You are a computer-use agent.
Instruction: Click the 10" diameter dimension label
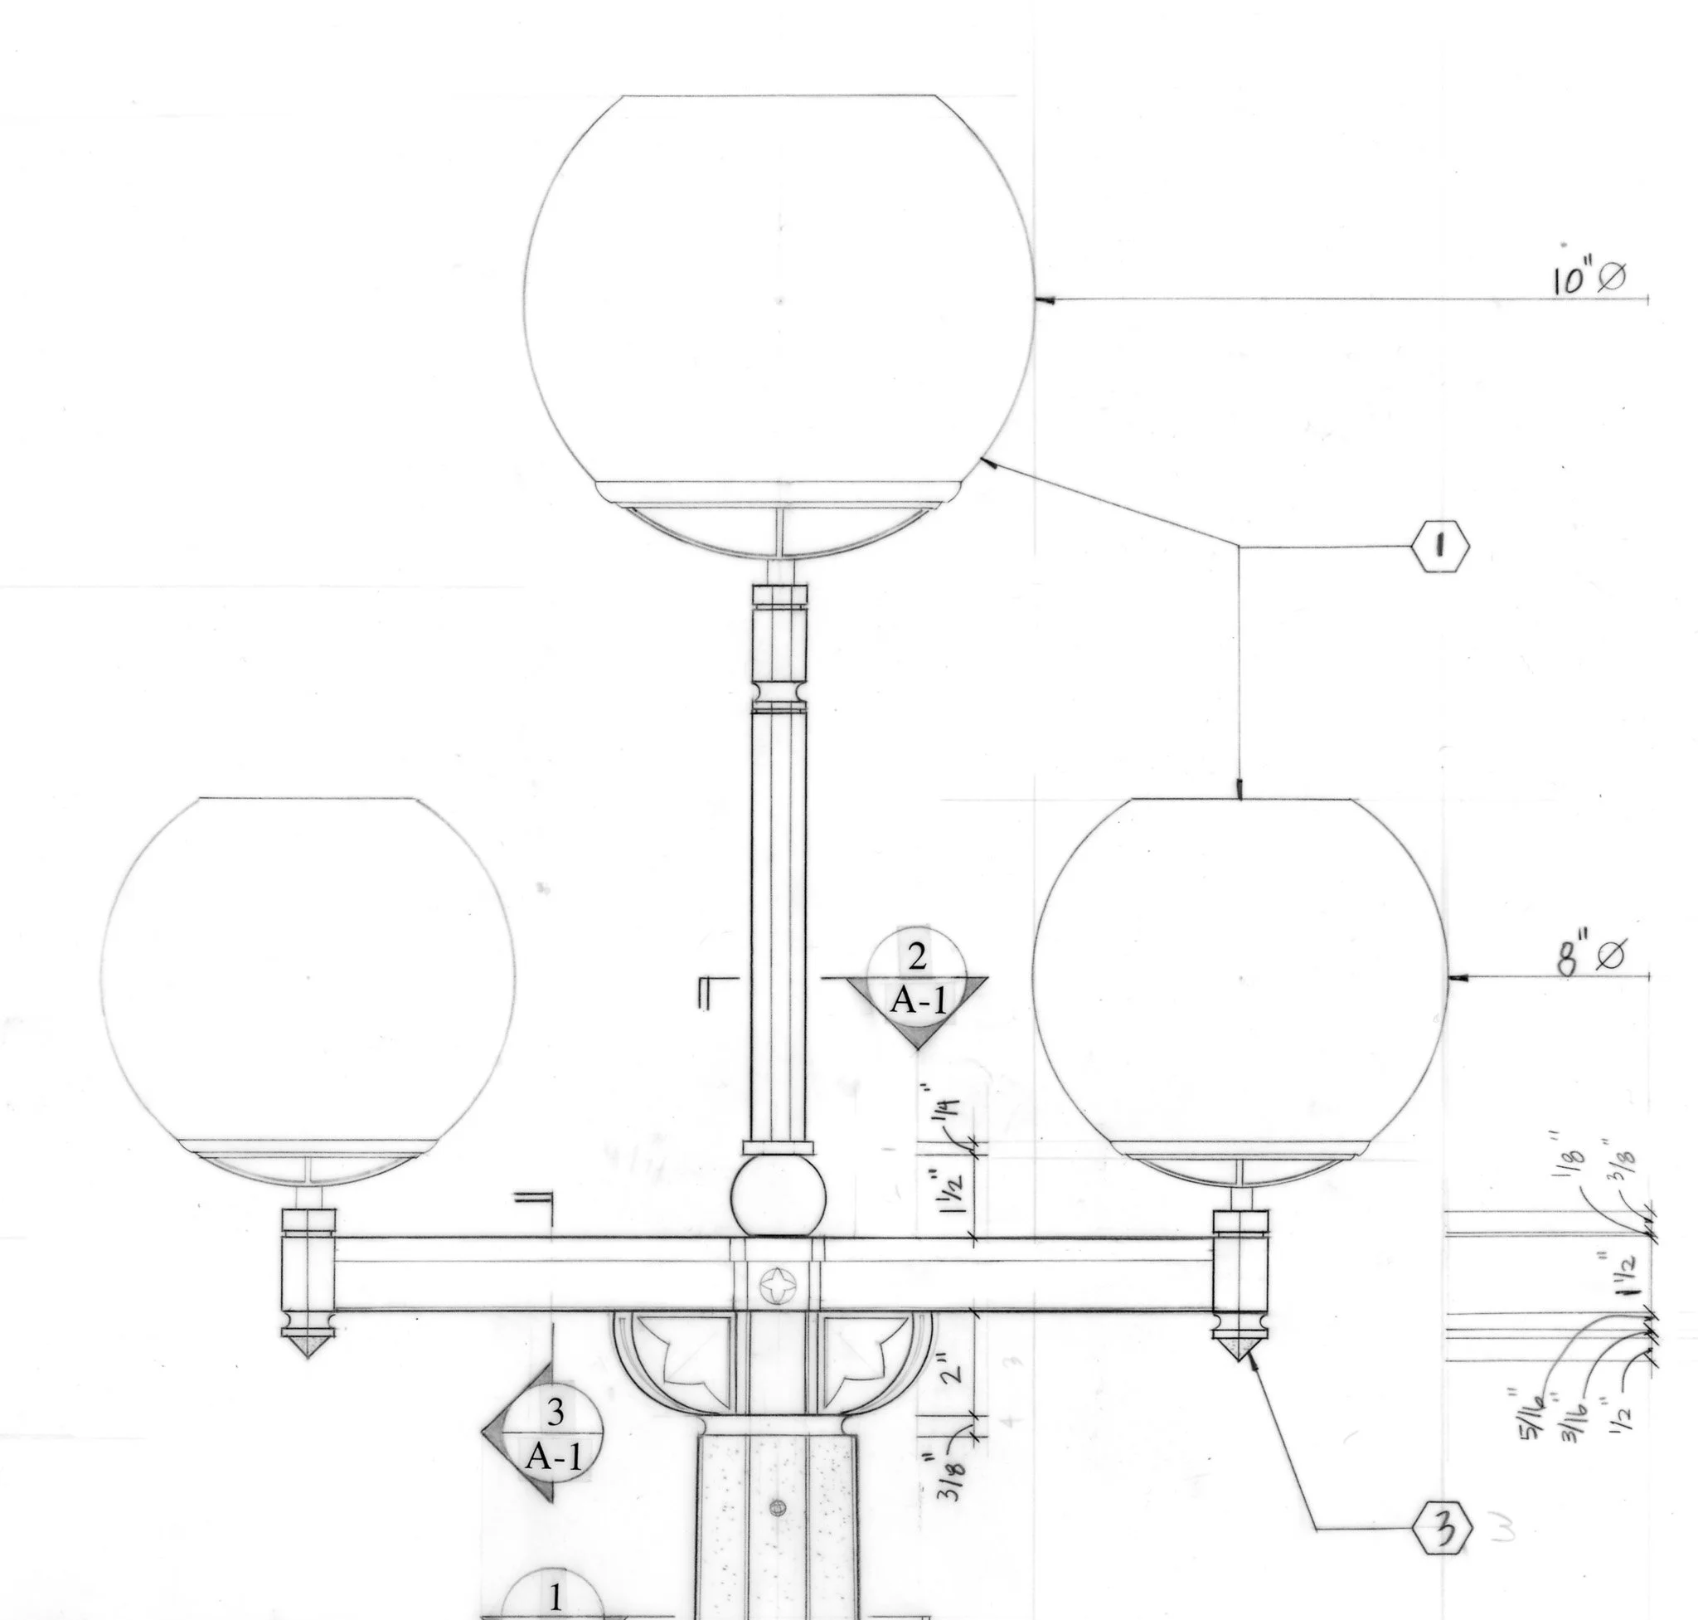(x=1588, y=278)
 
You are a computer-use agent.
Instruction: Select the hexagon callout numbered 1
(x=1439, y=546)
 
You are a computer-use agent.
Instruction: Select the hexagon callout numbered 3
(x=1440, y=1529)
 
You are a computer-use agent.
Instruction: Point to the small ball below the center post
(x=778, y=1198)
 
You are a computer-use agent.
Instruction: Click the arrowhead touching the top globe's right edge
(x=1044, y=299)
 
